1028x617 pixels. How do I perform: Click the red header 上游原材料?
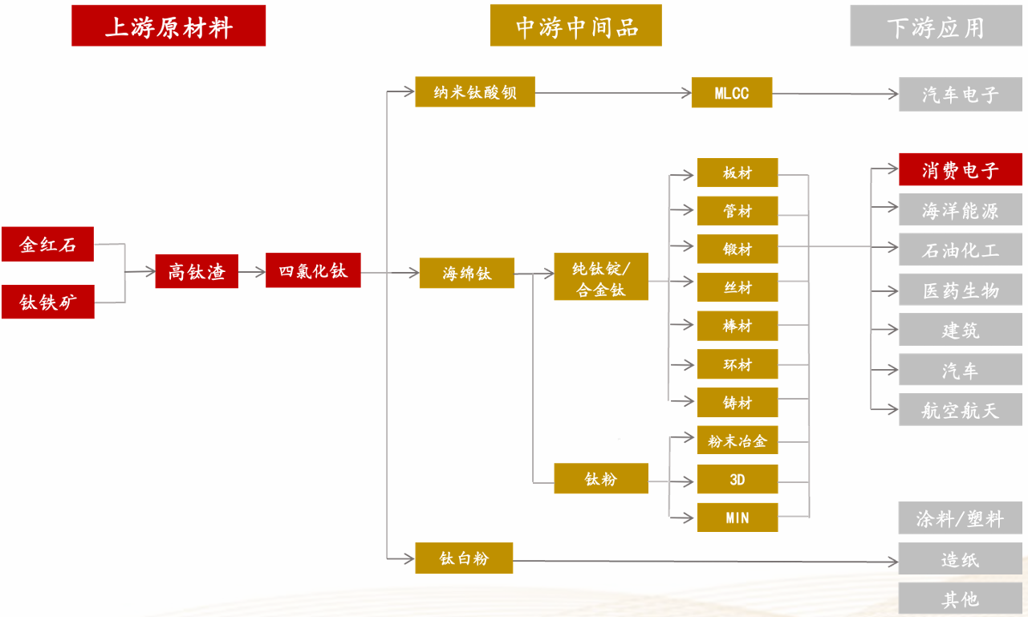[x=169, y=26]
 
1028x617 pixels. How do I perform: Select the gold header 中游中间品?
[x=575, y=26]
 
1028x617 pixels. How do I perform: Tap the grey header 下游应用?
[x=936, y=27]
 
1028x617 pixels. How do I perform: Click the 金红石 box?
[x=47, y=245]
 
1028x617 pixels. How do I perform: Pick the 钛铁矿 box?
[x=47, y=302]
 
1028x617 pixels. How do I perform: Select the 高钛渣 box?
[x=197, y=272]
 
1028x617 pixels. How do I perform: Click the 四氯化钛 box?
[x=313, y=270]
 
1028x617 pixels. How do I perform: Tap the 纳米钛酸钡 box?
[x=474, y=92]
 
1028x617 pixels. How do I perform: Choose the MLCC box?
[x=731, y=92]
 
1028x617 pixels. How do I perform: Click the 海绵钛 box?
[x=466, y=273]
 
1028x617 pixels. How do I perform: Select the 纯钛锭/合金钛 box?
[x=600, y=278]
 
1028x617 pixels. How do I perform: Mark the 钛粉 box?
[x=600, y=478]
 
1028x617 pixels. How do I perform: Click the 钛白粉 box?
[x=464, y=558]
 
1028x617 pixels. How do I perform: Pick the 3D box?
[x=737, y=479]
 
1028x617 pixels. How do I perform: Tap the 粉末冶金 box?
[x=737, y=440]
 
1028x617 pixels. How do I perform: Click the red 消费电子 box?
[x=960, y=170]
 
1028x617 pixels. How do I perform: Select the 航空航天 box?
[x=960, y=410]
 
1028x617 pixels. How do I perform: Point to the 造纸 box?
[x=960, y=558]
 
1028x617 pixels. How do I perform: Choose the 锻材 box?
[x=737, y=249]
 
